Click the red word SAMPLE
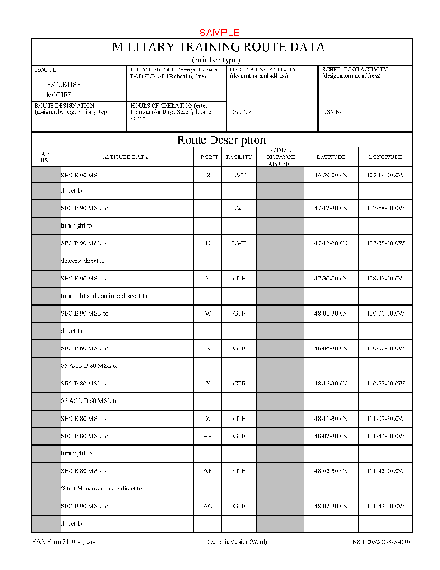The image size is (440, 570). click(x=219, y=32)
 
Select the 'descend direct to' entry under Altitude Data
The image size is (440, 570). click(x=84, y=257)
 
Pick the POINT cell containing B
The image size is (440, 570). click(x=208, y=176)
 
